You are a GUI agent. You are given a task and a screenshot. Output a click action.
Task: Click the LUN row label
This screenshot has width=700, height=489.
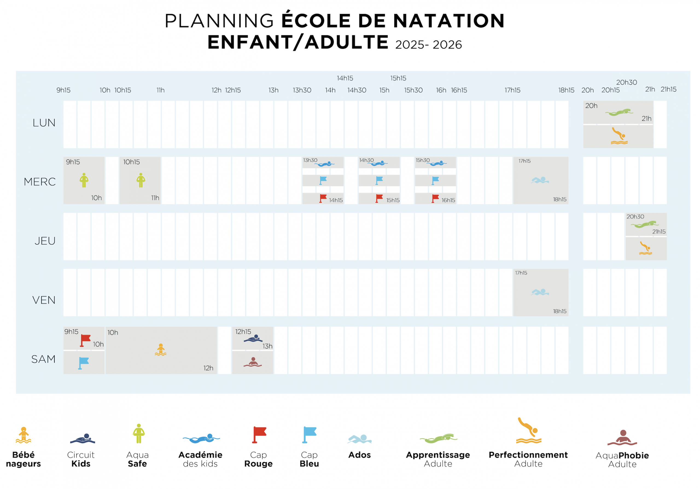tap(44, 123)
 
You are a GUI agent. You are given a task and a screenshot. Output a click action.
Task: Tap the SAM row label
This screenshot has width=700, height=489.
tap(43, 359)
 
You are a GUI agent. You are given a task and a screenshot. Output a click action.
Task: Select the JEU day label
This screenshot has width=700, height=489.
tap(45, 241)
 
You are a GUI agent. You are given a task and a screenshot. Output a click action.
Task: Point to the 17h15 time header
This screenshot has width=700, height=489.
tap(512, 90)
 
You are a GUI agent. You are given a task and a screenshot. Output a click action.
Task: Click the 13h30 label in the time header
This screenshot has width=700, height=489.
tap(302, 90)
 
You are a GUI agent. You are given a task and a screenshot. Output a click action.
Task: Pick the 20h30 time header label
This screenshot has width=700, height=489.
tap(626, 82)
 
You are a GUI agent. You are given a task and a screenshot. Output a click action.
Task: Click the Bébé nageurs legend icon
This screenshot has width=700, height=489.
tap(24, 435)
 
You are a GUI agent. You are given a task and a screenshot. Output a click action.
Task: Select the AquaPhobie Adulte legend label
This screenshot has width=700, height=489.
tap(622, 460)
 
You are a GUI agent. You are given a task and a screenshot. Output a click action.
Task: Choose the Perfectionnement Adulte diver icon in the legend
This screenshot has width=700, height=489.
tap(529, 430)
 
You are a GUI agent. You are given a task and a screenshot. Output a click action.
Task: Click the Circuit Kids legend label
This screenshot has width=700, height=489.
tap(81, 459)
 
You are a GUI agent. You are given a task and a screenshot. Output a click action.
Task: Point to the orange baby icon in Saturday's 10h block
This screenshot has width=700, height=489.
tap(161, 350)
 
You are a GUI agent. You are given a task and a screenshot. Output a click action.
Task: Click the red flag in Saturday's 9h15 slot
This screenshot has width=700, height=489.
tap(85, 340)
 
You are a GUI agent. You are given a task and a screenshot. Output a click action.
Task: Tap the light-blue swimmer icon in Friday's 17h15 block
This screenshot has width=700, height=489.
tap(540, 292)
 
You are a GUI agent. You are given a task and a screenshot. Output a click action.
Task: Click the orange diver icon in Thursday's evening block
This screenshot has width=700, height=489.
tap(645, 248)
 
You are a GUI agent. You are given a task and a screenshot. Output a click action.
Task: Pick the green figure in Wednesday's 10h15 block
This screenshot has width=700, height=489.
tap(141, 180)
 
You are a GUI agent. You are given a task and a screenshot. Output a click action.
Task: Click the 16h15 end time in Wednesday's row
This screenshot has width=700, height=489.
tap(448, 200)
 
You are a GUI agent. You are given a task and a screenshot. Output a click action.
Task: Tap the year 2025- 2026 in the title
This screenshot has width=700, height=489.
tap(428, 45)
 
